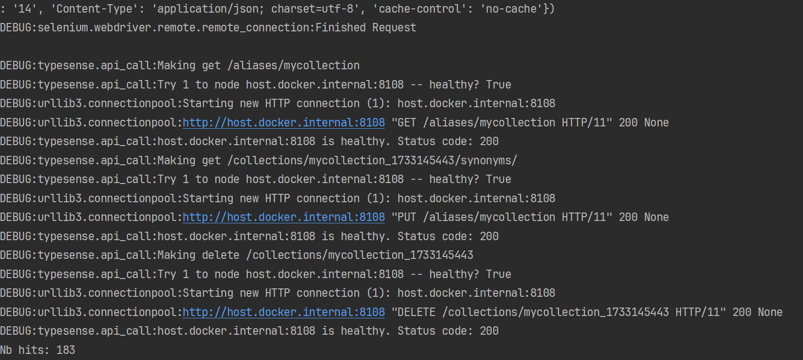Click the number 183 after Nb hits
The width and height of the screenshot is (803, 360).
coord(66,350)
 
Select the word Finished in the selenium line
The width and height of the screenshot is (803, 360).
coord(340,28)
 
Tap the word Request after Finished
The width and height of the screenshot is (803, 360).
coord(394,28)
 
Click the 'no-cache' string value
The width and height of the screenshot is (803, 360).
coord(511,9)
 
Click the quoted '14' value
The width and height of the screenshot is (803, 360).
coord(25,9)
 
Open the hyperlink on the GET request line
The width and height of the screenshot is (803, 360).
coord(284,123)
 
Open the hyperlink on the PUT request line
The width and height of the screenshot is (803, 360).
coord(284,217)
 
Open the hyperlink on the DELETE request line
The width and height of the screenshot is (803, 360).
coord(284,312)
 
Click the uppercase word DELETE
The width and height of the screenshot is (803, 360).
coord(416,312)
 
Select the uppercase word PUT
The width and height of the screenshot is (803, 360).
coord(407,217)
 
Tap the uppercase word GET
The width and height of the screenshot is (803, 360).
coord(407,123)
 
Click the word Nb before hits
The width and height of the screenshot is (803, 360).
coord(6,350)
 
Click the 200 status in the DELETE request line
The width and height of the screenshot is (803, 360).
coord(742,312)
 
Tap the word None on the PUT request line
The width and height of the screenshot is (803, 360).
coord(657,217)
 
